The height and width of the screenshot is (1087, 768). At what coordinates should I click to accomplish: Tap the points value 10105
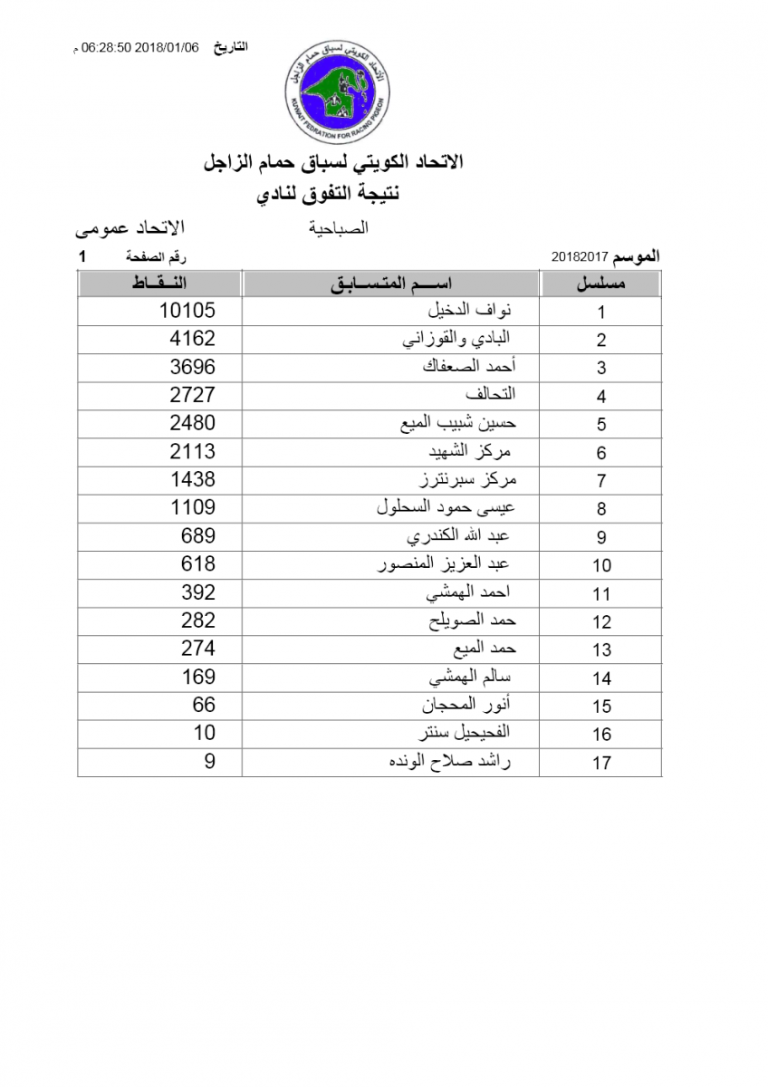pyautogui.click(x=187, y=311)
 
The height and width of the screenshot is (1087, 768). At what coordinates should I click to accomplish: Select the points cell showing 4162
pyautogui.click(x=193, y=339)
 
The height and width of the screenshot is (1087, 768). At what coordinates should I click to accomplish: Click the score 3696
pyautogui.click(x=193, y=367)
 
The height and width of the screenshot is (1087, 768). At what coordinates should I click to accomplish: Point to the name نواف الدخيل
pyautogui.click(x=469, y=311)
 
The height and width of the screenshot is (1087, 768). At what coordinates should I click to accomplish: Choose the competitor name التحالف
pyautogui.click(x=490, y=395)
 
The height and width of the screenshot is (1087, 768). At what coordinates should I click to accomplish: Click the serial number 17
pyautogui.click(x=601, y=763)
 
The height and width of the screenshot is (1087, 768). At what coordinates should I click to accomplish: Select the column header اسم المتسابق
pyautogui.click(x=391, y=284)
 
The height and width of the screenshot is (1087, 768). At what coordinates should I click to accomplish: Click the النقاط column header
pyautogui.click(x=161, y=284)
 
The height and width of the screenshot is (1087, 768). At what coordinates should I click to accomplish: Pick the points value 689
pyautogui.click(x=198, y=536)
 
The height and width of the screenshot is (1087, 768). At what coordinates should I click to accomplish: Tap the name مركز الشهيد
pyautogui.click(x=472, y=452)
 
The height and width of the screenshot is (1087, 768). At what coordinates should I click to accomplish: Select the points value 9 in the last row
pyautogui.click(x=209, y=762)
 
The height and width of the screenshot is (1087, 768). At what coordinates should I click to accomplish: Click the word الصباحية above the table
pyautogui.click(x=340, y=228)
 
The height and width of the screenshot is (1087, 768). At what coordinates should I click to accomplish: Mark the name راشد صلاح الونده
pyautogui.click(x=449, y=762)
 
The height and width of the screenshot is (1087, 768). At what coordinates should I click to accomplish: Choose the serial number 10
pyautogui.click(x=601, y=565)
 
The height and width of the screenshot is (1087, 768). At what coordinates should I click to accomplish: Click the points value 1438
pyautogui.click(x=193, y=479)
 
